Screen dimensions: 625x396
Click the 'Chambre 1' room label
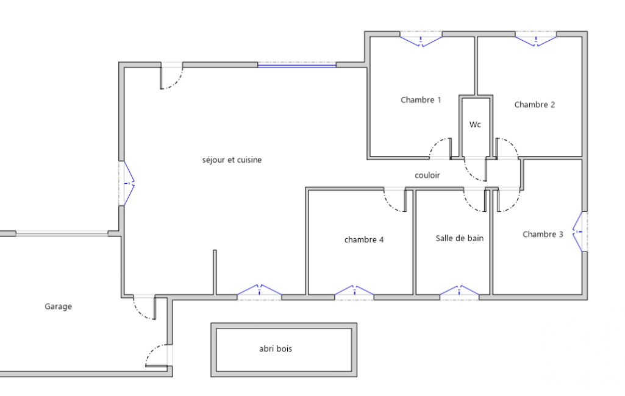pos(421,100)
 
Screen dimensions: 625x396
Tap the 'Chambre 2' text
pos(535,105)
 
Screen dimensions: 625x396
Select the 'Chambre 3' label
pos(543,235)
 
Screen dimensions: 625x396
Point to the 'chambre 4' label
pos(364,239)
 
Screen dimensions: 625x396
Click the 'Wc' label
pos(475,125)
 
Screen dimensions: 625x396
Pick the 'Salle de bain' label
pos(460,238)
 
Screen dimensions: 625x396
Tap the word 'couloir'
pos(427,175)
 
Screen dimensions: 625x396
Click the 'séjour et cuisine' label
pos(232,160)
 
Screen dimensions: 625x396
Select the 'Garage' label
pos(58,306)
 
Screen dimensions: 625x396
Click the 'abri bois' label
pos(276,348)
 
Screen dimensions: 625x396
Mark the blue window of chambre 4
pos(354,290)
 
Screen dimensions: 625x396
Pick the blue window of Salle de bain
pos(460,290)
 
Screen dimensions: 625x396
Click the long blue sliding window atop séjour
pos(297,65)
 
